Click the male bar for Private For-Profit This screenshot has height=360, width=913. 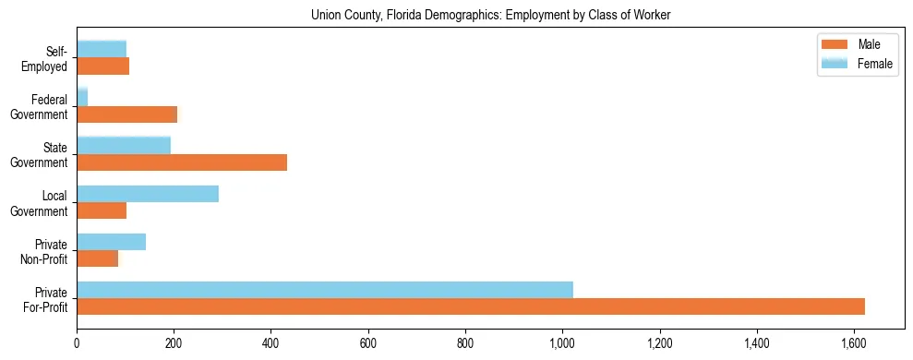point(470,306)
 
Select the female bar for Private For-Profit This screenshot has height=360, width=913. point(324,290)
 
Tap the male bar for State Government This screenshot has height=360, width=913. point(182,162)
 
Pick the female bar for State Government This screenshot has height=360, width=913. point(124,146)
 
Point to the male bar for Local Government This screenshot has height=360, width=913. point(102,210)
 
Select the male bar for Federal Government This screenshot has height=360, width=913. point(126,114)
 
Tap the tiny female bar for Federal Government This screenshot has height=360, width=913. point(82,98)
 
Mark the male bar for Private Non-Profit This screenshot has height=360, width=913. point(97,258)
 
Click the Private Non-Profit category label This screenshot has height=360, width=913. point(44,251)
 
